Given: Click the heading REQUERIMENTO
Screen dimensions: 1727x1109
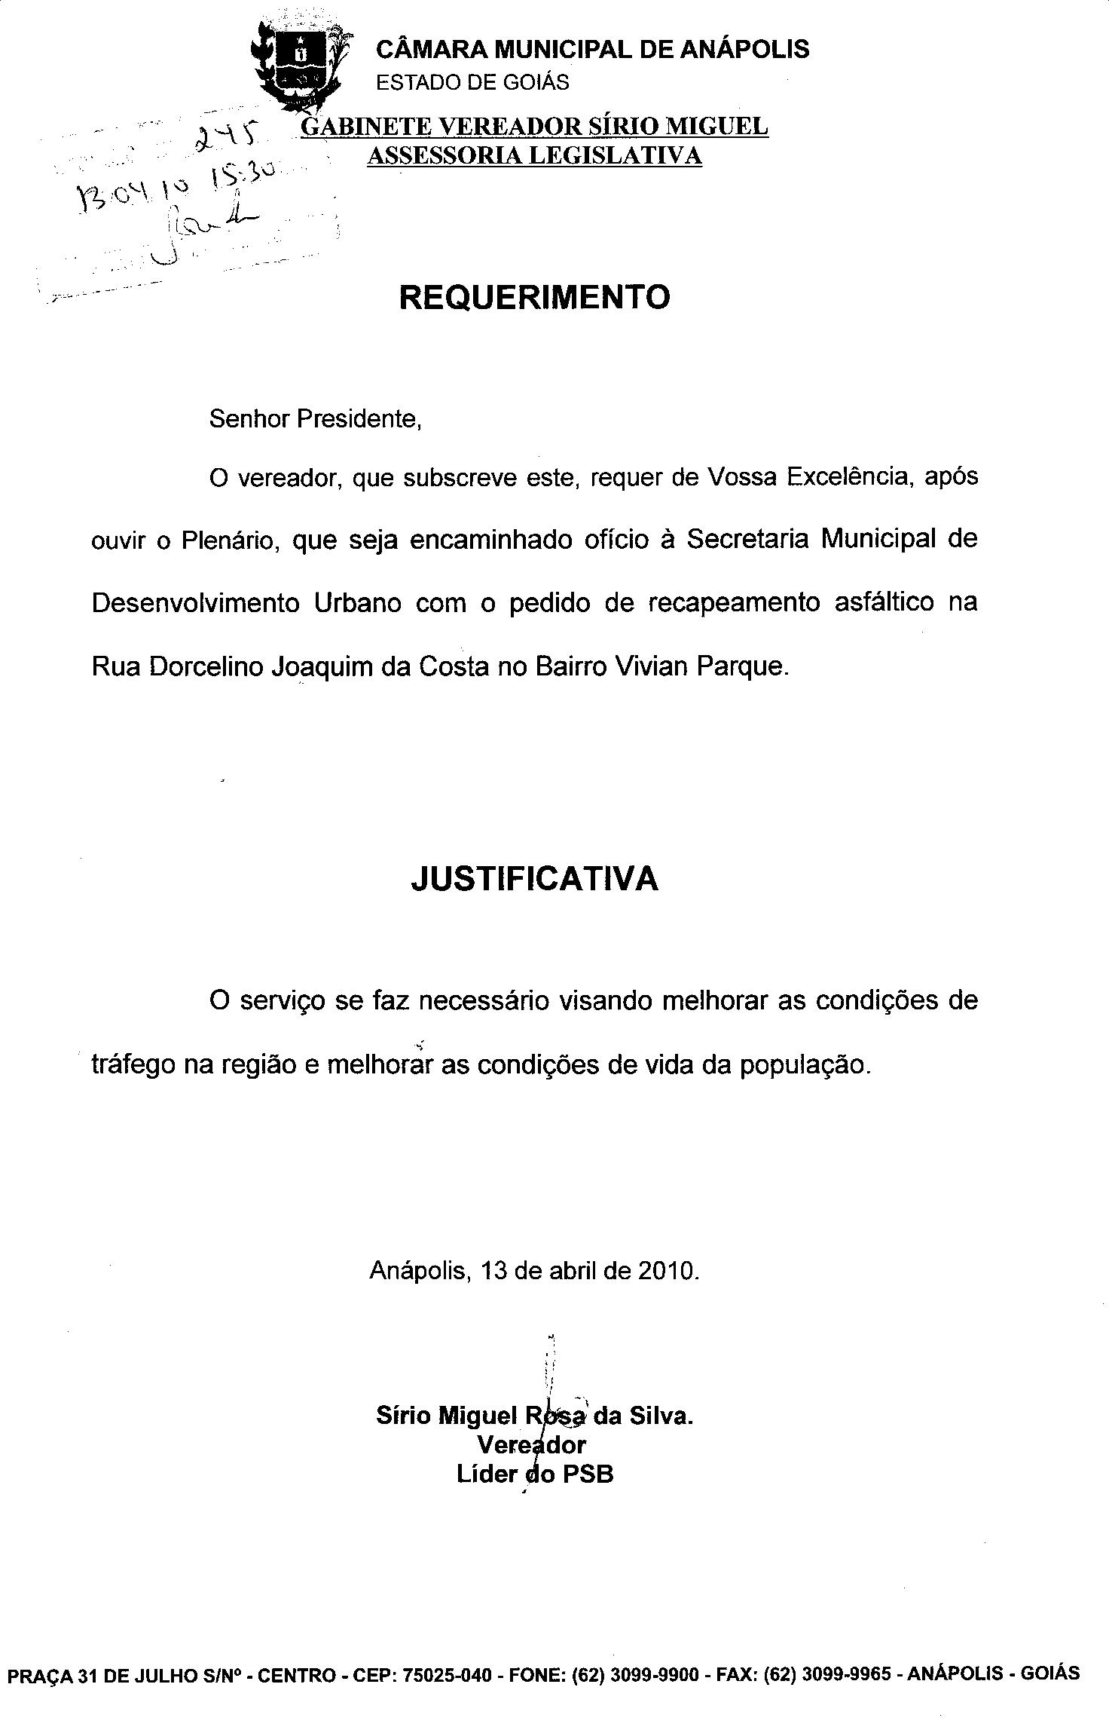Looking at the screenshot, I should (534, 297).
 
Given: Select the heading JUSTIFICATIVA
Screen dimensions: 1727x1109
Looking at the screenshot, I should (534, 879).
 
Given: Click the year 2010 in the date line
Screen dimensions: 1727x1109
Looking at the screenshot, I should (668, 1271).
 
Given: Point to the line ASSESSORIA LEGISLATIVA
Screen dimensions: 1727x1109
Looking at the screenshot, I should (534, 155).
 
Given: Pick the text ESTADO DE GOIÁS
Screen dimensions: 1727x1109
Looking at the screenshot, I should (472, 82).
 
